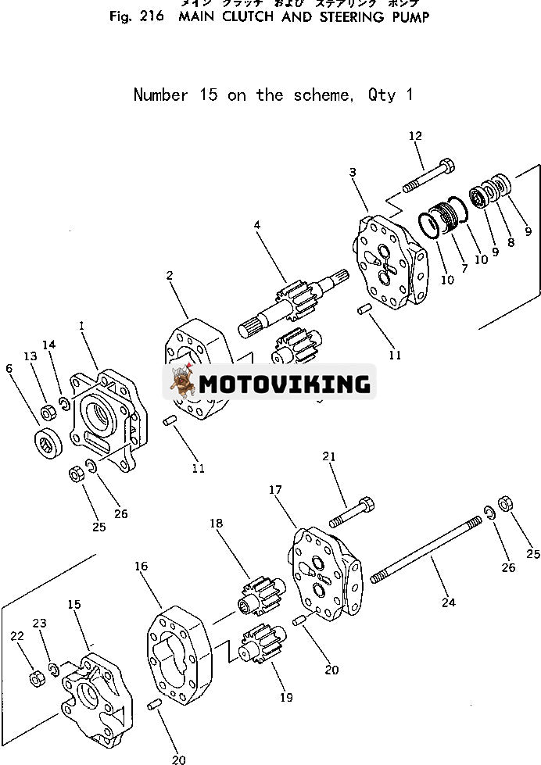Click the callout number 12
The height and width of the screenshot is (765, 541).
point(414,136)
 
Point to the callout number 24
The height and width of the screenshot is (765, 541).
point(448,602)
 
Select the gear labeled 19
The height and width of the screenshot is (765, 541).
point(260,655)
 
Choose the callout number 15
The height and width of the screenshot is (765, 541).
point(73,604)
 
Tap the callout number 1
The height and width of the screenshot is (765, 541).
point(81,324)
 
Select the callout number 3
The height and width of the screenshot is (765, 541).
point(353,172)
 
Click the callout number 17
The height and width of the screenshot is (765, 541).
point(275,490)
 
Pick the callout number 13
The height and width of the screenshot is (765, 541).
point(30,356)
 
